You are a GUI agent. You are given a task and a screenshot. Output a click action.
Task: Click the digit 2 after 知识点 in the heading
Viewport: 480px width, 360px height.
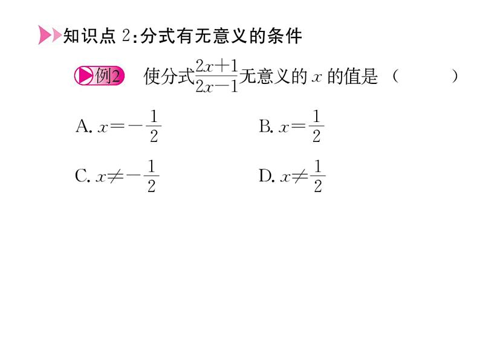tap(126, 36)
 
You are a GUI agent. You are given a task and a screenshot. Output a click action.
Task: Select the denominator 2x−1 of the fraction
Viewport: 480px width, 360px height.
tap(217, 86)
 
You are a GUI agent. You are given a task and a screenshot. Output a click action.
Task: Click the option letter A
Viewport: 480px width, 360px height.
tap(83, 126)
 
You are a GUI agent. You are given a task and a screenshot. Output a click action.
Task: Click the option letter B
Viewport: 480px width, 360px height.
tap(265, 126)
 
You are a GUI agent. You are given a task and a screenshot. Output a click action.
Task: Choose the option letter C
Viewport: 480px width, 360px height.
tap(82, 176)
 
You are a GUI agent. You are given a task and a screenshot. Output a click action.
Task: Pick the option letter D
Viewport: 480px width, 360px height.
tap(265, 176)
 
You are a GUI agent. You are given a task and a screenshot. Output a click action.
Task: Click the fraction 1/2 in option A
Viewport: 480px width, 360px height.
tap(154, 126)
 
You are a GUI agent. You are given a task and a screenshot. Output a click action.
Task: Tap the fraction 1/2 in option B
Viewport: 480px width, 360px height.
tap(316, 126)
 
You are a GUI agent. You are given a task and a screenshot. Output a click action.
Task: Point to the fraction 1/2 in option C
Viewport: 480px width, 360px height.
tap(151, 176)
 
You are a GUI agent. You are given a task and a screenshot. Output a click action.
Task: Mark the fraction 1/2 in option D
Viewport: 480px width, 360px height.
tap(318, 176)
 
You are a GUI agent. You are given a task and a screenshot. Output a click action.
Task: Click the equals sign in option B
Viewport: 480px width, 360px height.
tap(299, 127)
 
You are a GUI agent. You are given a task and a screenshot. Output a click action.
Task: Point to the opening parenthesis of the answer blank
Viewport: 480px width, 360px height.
tap(395, 77)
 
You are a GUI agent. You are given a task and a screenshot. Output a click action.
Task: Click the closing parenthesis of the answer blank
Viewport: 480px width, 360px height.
tap(454, 77)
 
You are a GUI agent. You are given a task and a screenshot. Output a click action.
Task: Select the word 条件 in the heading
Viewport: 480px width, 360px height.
tap(285, 36)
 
